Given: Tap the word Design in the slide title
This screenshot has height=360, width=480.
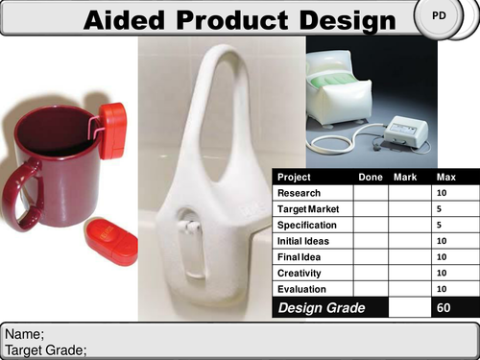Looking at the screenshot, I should tap(347, 20).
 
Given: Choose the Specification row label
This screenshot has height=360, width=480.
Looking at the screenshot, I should tap(304, 225).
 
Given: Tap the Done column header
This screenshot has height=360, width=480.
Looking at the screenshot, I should tap(370, 178).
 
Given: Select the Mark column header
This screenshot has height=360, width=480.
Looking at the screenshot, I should tap(406, 178).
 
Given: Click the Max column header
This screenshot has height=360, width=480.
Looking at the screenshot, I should tap(446, 178).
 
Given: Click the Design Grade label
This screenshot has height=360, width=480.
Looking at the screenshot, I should tap(322, 307).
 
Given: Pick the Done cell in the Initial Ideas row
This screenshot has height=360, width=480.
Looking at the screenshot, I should tap(370, 241).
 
